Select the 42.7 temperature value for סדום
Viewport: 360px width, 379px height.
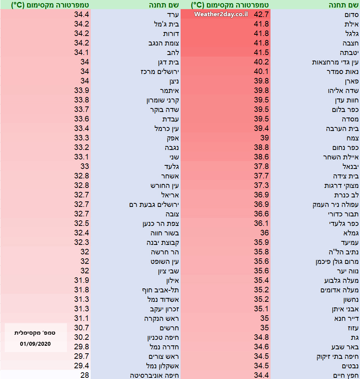coord(261,14)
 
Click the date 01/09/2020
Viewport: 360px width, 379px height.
coord(36,344)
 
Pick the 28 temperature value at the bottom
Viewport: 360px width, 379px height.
coord(84,375)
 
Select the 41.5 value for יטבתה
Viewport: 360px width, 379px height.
coord(261,52)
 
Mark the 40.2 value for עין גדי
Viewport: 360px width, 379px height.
coord(261,62)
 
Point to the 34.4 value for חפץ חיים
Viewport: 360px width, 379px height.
coord(261,375)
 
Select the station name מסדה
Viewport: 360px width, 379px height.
coord(350,119)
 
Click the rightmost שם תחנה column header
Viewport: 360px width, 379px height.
coord(344,5)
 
